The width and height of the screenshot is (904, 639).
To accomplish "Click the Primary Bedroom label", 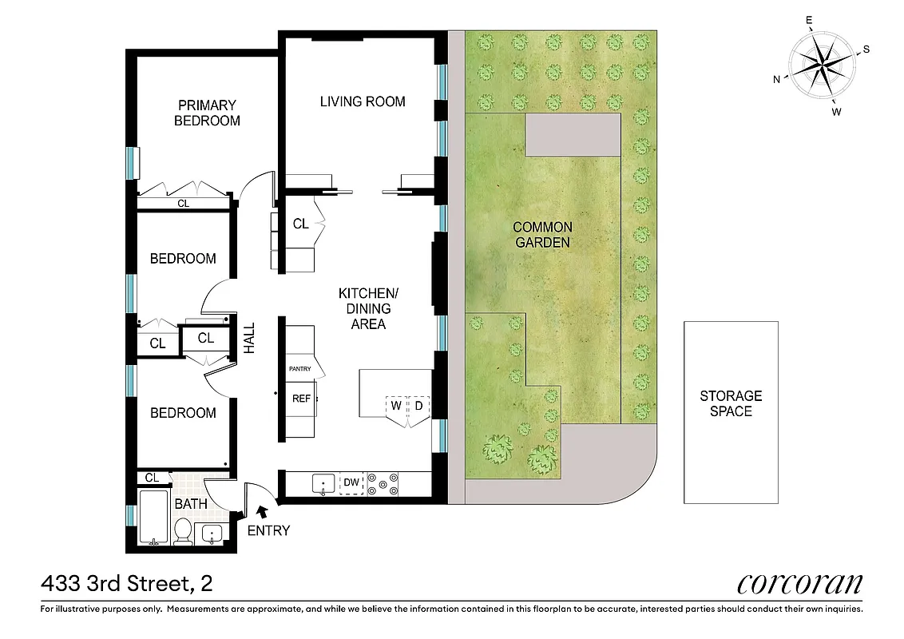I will (207, 113).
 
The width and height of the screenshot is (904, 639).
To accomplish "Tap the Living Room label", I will (363, 101).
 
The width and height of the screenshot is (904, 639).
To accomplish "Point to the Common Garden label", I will (542, 235).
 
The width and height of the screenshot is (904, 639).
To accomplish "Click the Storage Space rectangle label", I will (731, 403).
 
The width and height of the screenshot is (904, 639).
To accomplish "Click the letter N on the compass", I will (776, 78).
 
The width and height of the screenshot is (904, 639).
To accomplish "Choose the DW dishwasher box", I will (351, 482).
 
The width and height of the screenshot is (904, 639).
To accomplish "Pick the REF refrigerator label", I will (301, 398).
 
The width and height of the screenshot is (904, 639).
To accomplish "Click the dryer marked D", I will (418, 405).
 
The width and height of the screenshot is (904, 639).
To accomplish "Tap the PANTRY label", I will (299, 369).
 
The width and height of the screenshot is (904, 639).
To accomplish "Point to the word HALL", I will (249, 339).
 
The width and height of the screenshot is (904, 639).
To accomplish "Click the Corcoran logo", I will (799, 583).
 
